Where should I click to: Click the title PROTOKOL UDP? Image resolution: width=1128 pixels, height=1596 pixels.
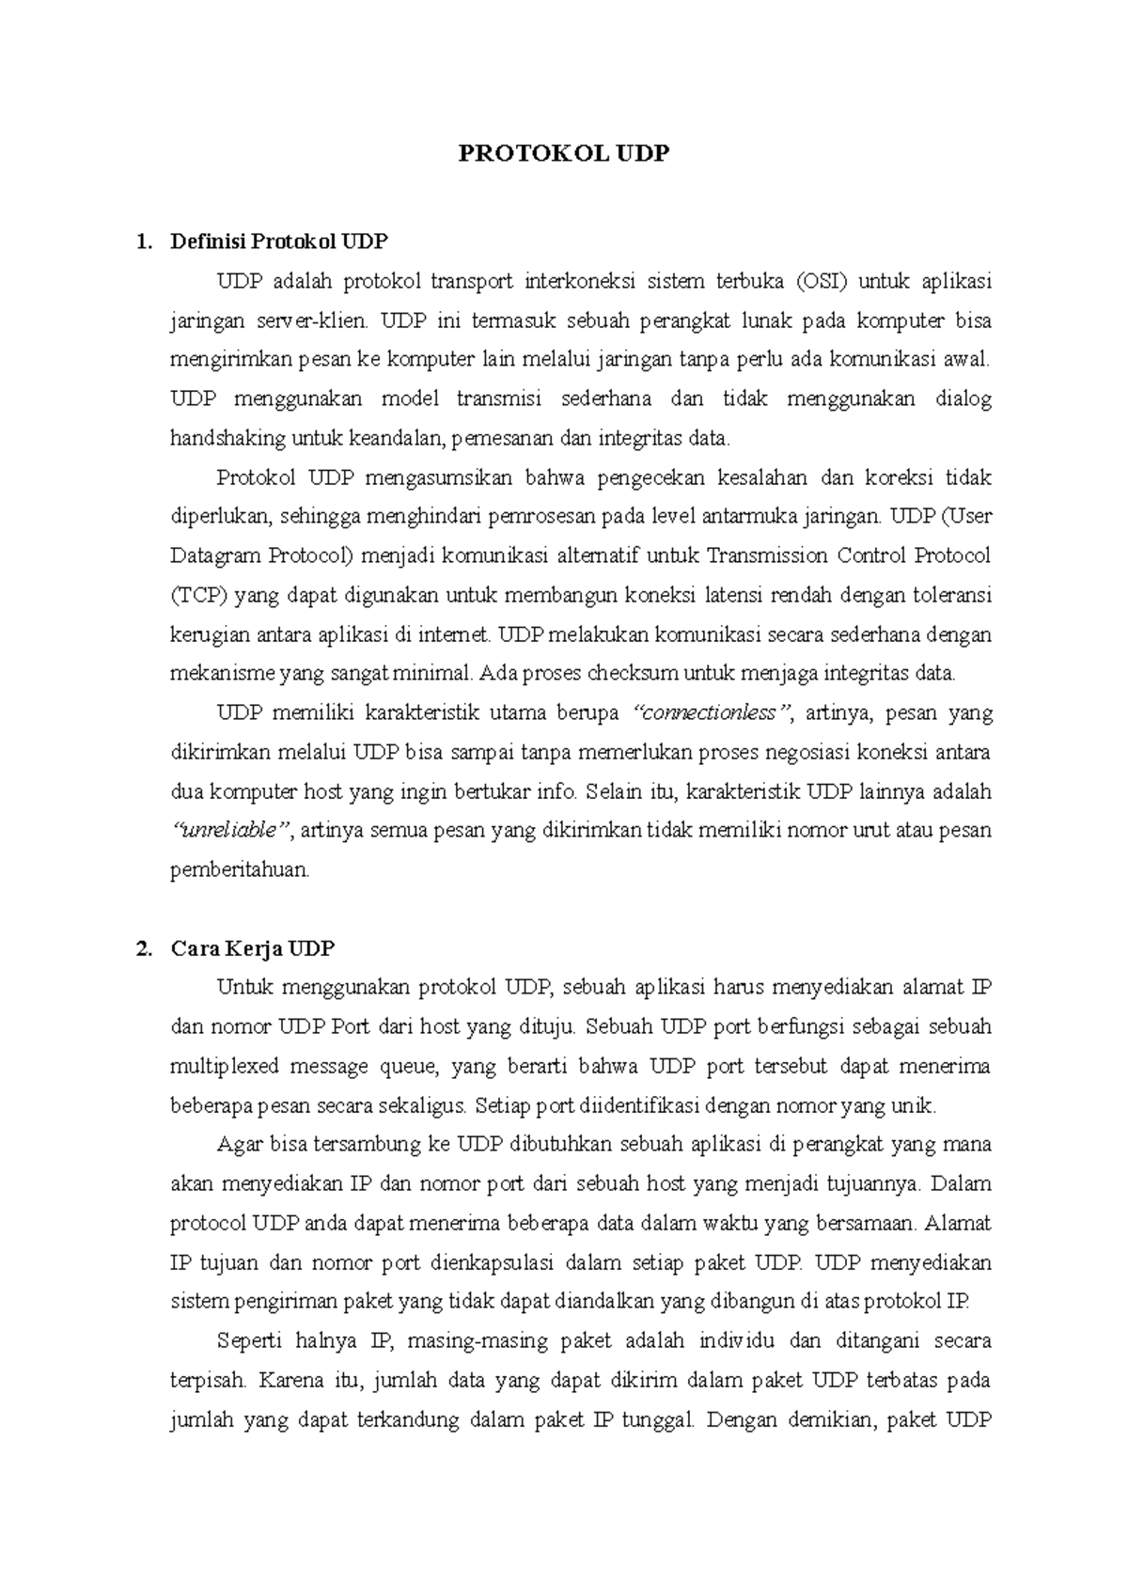pos(563,154)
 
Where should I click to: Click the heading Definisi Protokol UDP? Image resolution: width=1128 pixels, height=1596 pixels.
pos(278,242)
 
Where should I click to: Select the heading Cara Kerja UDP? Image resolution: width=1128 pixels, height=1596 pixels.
pos(252,948)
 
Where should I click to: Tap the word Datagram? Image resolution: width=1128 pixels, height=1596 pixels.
pos(215,555)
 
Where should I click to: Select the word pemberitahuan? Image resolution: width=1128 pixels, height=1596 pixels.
pos(239,869)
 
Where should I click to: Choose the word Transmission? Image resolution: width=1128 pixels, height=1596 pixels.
pos(766,555)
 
